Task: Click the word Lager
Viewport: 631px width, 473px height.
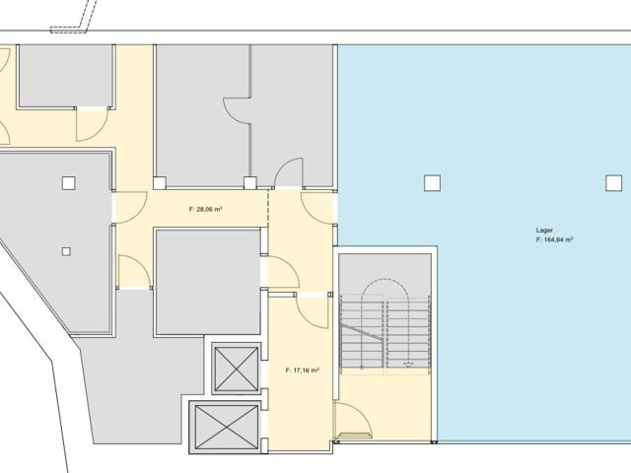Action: pyautogui.click(x=544, y=231)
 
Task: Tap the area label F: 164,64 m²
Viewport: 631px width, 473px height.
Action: pyautogui.click(x=554, y=239)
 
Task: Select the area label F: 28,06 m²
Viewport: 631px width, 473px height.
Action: pyautogui.click(x=206, y=209)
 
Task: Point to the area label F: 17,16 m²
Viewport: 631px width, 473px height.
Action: pyautogui.click(x=303, y=371)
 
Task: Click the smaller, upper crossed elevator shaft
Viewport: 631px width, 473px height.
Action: pyautogui.click(x=237, y=369)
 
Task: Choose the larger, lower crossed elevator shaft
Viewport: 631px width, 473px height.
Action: pyautogui.click(x=226, y=427)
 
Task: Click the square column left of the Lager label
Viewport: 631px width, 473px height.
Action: pyautogui.click(x=432, y=183)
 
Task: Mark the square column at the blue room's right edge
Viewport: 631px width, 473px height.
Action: pyautogui.click(x=613, y=183)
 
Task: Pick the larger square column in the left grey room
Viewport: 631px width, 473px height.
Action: pyautogui.click(x=69, y=183)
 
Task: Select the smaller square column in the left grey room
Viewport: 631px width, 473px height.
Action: pyautogui.click(x=66, y=252)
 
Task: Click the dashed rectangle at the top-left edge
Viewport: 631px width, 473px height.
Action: pyautogui.click(x=68, y=30)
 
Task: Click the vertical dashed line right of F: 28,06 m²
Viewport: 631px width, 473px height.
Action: pyautogui.click(x=268, y=208)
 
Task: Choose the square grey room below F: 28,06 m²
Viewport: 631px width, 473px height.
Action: pyautogui.click(x=208, y=282)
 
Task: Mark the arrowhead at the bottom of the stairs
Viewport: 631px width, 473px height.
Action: pyautogui.click(x=408, y=365)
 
